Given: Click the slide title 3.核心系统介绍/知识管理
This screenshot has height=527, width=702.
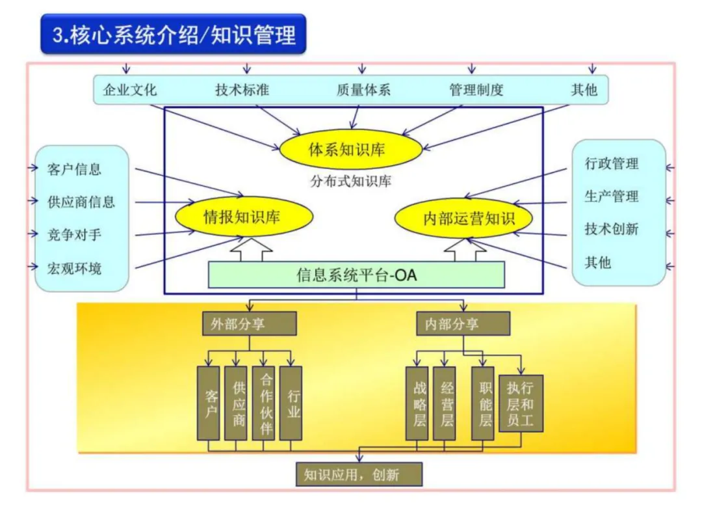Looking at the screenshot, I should (174, 34).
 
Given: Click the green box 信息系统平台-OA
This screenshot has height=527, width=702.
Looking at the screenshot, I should (356, 275).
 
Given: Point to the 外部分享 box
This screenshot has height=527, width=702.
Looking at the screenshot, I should (250, 324).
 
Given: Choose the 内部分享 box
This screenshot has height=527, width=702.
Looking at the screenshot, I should (463, 324).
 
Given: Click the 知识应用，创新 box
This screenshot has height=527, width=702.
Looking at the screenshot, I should (359, 474).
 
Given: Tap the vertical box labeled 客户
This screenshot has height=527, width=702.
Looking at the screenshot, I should (209, 403).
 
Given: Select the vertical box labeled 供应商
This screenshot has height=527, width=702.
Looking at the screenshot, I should (236, 403).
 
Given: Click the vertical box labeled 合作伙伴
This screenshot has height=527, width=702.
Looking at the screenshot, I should (263, 403).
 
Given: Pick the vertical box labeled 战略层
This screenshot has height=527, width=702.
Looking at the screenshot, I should (417, 403).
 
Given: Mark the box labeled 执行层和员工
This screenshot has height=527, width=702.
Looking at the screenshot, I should (521, 403).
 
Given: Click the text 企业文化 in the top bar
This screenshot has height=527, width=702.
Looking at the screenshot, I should (130, 90).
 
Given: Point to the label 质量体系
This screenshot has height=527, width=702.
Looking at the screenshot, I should (363, 90).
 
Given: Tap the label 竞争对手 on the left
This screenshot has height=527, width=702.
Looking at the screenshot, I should (74, 234).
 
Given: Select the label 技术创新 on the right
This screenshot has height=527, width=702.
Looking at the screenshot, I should (611, 229).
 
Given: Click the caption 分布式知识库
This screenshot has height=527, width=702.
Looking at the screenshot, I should (350, 182).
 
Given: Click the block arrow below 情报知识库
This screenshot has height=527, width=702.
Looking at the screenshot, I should (252, 250).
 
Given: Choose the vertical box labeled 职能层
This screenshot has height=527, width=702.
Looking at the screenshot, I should (483, 403).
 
